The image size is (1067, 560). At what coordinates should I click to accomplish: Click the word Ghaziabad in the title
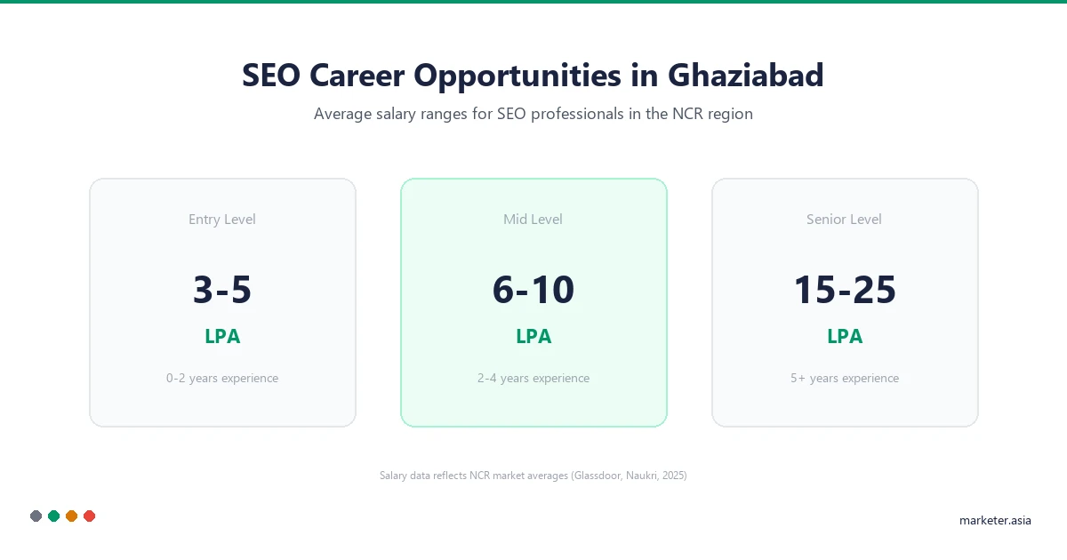tap(745, 76)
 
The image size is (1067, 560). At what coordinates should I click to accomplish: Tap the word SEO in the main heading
tap(271, 76)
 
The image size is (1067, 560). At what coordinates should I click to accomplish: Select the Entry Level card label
tap(222, 220)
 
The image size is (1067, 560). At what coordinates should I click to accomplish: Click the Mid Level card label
tap(533, 220)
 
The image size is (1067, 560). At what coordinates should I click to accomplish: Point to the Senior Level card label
tap(845, 220)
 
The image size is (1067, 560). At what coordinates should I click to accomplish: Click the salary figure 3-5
tap(222, 291)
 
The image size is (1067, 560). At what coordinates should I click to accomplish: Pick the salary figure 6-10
tap(533, 291)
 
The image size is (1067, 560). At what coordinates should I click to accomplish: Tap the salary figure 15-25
tap(845, 291)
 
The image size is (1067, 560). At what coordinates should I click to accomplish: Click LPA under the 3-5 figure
tap(222, 337)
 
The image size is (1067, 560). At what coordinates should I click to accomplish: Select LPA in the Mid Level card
tap(533, 337)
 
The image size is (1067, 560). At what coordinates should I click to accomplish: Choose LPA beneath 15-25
tap(845, 337)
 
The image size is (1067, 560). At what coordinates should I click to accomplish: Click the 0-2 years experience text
tap(222, 379)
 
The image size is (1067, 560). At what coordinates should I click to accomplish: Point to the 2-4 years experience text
tap(533, 379)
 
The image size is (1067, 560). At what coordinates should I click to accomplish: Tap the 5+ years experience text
tap(845, 379)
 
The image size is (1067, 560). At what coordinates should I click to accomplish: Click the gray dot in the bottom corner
tap(36, 516)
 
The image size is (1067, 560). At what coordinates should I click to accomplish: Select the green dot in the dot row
tap(53, 516)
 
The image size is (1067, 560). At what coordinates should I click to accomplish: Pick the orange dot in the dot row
tap(71, 516)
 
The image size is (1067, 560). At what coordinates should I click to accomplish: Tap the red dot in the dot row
tap(89, 516)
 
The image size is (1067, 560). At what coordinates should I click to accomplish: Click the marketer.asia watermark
tap(995, 521)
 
